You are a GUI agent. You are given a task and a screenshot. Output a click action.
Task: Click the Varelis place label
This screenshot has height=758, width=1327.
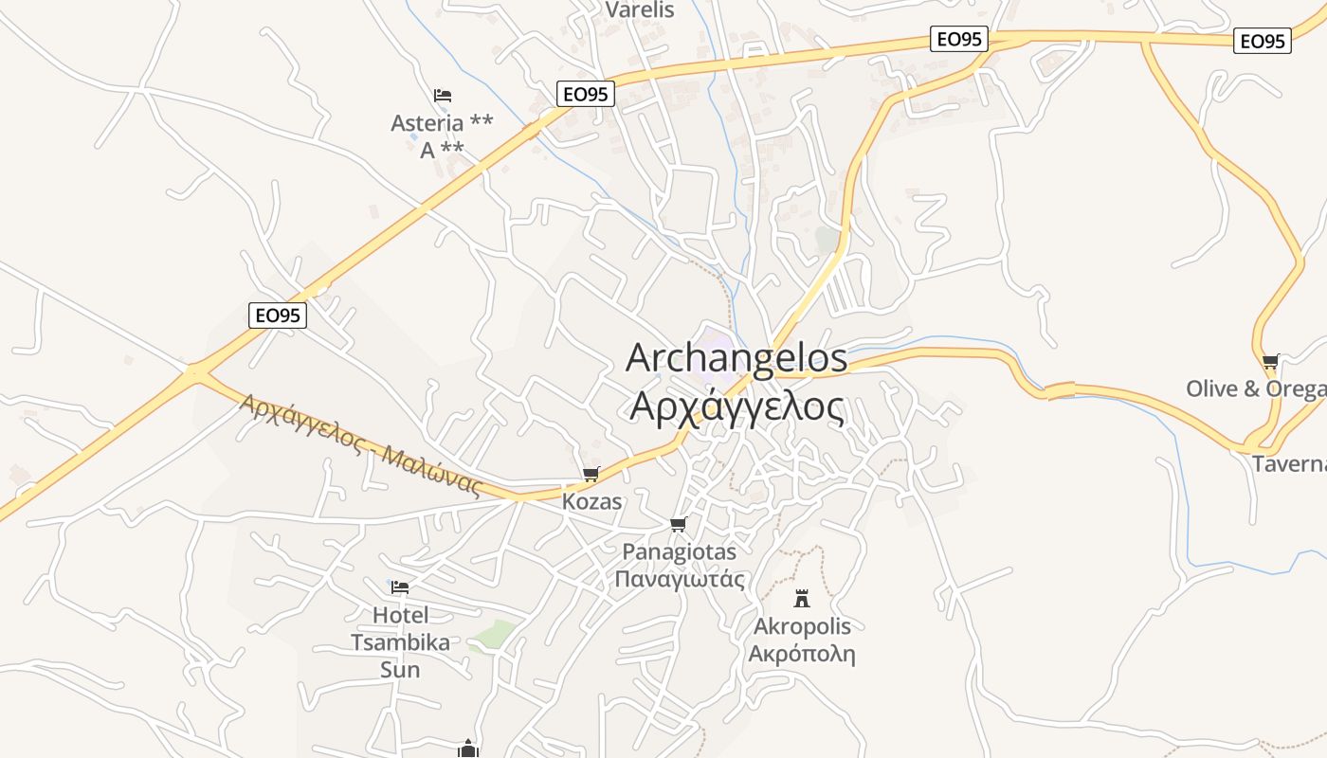point(640,10)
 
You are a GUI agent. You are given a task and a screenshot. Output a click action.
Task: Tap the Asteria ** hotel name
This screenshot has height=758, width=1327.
point(442,123)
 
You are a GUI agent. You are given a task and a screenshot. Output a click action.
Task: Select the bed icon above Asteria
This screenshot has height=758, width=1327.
point(443,95)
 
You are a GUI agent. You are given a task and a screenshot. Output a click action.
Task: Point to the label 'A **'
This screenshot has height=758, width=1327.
point(442,150)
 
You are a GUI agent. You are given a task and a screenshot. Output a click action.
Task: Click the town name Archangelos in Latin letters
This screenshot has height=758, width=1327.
point(736,358)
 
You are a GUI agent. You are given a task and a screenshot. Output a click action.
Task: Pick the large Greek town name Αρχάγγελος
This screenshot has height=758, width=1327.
point(736,406)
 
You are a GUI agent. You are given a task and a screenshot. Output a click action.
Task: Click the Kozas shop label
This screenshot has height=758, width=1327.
point(592,501)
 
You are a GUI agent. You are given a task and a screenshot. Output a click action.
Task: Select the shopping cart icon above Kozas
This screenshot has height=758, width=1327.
point(591,474)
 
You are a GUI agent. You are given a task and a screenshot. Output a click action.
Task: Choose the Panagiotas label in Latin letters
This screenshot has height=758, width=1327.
point(679,550)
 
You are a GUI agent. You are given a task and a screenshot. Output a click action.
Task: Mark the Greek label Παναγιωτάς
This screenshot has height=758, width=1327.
point(680,579)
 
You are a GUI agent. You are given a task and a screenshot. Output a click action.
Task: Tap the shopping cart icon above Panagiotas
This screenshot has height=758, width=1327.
point(678,524)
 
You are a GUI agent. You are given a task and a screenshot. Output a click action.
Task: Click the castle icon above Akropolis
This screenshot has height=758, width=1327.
point(802,598)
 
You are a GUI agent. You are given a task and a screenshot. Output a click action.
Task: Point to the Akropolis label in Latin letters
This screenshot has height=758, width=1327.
point(802,626)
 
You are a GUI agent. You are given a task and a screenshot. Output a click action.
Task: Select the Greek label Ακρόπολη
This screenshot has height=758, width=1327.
point(802,654)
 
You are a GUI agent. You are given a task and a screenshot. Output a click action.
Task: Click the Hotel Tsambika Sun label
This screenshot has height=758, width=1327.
point(400,641)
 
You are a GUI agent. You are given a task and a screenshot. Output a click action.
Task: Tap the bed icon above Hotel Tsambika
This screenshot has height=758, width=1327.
point(400,587)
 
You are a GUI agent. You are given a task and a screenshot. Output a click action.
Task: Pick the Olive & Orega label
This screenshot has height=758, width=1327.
point(1256,389)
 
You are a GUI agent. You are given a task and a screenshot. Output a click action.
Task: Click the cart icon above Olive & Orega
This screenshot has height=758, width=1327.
point(1271,361)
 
